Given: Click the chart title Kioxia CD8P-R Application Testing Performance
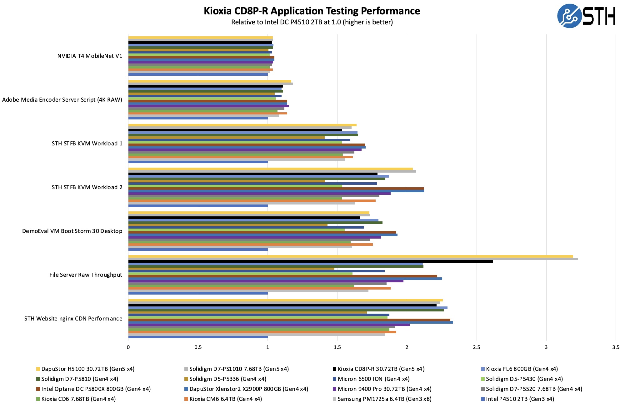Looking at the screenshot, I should pos(312,11).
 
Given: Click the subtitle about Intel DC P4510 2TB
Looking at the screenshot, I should pos(312,22).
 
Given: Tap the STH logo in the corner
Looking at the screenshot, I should pos(586,16).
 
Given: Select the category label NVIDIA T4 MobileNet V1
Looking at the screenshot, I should pos(90,56).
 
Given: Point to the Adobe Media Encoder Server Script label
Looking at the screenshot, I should pos(62,100).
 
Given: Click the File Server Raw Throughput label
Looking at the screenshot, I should pos(86,275).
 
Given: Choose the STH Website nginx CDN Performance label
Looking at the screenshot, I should pos(73,319).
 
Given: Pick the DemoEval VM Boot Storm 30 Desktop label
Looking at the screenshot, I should pos(72,231).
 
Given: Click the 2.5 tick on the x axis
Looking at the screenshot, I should pos(476,347).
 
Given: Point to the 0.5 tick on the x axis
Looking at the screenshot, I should pos(198,347).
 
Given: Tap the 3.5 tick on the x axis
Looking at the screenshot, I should pos(616,347).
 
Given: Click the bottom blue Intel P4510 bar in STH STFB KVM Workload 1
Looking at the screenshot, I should pos(198,162).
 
